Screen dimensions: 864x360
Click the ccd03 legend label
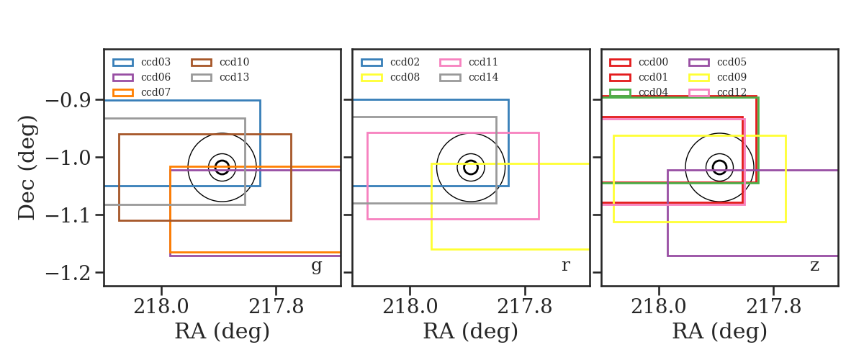coord(156,62)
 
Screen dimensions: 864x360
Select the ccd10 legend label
coord(235,62)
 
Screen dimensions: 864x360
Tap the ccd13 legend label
coord(235,77)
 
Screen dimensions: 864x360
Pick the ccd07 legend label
coord(156,92)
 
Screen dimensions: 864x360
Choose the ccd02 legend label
coord(405,62)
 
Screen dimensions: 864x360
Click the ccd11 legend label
coord(483,62)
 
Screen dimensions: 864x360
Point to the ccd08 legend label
coord(405,77)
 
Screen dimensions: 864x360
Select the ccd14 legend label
coord(484,77)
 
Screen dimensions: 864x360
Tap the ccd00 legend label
coord(654,62)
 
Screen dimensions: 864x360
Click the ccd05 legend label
coord(732,62)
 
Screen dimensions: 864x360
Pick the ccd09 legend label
coord(732,77)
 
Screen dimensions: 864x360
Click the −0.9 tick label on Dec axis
coord(68,101)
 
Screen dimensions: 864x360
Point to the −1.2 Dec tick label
coord(68,273)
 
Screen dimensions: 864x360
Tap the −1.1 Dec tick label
coord(68,216)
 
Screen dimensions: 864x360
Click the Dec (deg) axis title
coord(27,168)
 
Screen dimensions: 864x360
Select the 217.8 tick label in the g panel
coord(276,307)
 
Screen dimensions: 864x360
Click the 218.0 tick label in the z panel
coord(659,307)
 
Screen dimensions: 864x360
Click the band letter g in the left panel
coord(316,266)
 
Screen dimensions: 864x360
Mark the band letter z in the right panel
coord(814,266)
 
